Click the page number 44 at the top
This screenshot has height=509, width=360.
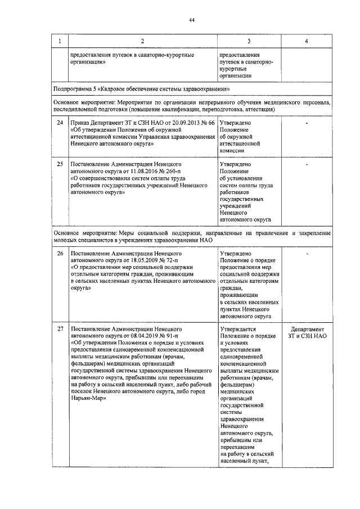(x=191, y=20)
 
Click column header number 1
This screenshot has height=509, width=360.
(x=60, y=42)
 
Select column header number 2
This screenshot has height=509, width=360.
(x=142, y=42)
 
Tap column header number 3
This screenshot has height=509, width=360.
(x=249, y=42)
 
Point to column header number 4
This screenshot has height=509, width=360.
(x=305, y=42)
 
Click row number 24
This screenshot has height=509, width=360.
(x=60, y=122)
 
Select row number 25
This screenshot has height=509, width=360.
(x=60, y=164)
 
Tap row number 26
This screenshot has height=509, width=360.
(x=60, y=254)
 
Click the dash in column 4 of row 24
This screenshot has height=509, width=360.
(x=305, y=122)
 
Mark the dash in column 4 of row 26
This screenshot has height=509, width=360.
(x=305, y=254)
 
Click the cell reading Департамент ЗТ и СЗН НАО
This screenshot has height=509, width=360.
(x=305, y=332)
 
